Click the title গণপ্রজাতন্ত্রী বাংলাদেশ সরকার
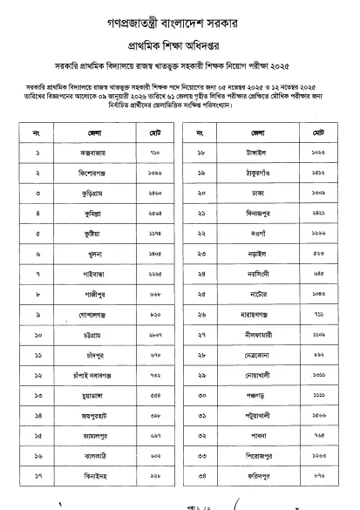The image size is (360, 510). [x=180, y=17]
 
